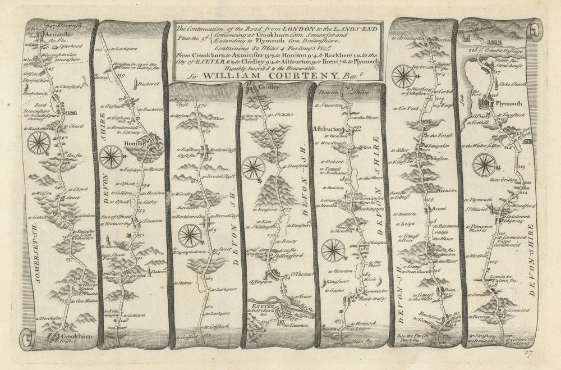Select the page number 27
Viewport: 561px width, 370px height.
[528, 353]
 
